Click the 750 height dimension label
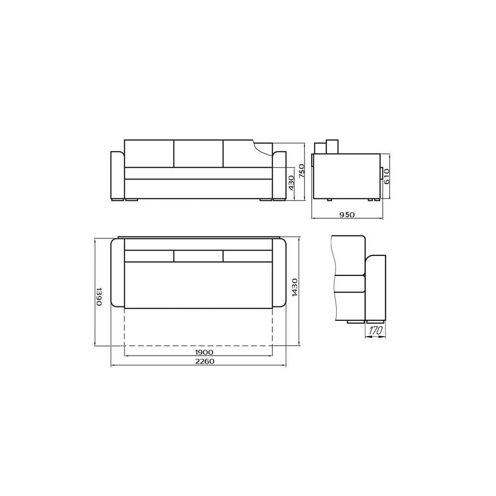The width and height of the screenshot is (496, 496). click(x=302, y=171)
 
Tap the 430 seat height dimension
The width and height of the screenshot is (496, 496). click(x=291, y=183)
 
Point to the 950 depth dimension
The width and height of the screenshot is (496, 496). click(x=347, y=215)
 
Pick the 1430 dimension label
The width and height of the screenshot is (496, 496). click(x=295, y=287)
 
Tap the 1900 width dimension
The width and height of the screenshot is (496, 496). click(x=204, y=352)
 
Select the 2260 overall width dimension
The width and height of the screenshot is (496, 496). click(x=204, y=362)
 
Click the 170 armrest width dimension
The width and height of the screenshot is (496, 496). click(x=375, y=331)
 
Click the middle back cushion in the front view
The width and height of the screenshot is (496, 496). click(x=199, y=153)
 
